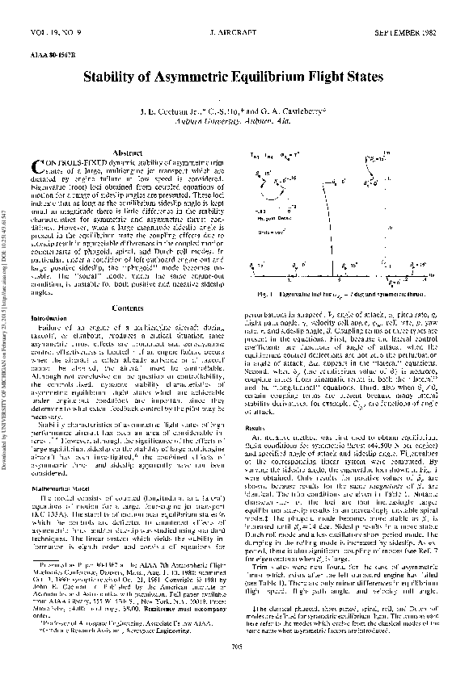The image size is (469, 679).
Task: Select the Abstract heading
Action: click(x=128, y=153)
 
